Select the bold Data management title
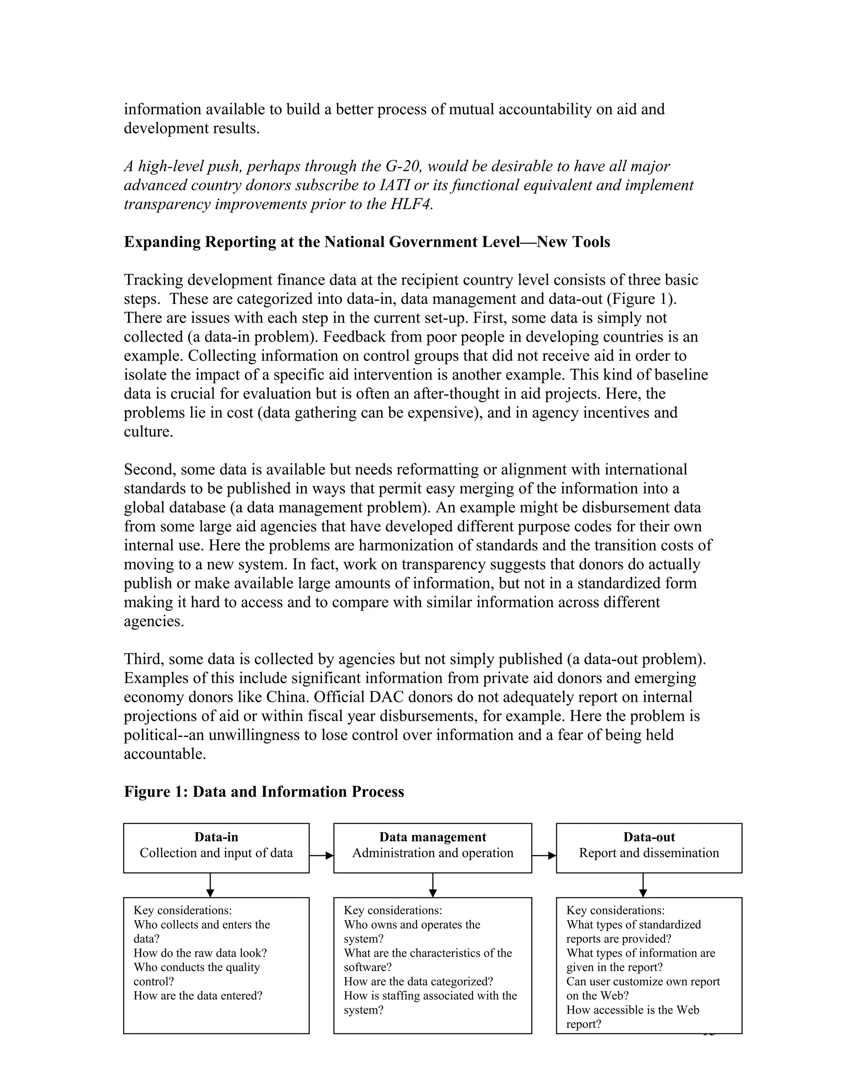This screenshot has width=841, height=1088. tap(432, 837)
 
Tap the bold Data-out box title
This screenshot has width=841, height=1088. tap(649, 837)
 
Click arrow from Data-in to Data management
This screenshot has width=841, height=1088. tap(322, 855)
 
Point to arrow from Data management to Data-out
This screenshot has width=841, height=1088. tap(544, 855)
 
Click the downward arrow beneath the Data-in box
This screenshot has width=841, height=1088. tap(210, 885)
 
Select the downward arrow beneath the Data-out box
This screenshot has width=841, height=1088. tap(643, 885)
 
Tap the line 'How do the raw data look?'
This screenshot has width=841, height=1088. tap(200, 953)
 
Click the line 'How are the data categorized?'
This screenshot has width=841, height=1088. tap(418, 981)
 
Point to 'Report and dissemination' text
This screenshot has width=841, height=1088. tap(649, 853)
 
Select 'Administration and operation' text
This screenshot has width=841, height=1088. tap(432, 853)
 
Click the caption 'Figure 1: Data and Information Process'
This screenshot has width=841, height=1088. tap(264, 792)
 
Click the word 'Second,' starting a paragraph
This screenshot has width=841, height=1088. tap(150, 469)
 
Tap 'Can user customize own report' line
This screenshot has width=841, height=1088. tap(643, 981)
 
